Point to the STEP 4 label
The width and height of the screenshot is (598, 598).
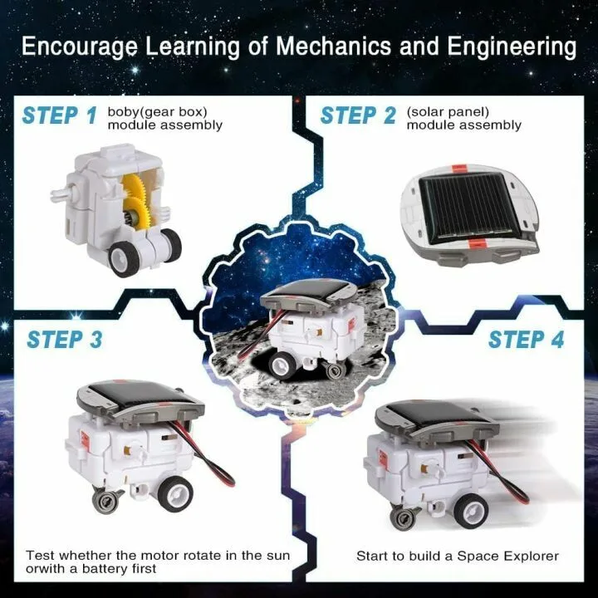tap(526, 340)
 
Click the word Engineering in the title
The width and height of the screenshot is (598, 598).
tap(508, 46)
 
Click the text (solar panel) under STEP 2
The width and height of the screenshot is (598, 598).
tap(448, 110)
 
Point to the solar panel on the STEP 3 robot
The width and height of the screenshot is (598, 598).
tap(136, 397)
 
